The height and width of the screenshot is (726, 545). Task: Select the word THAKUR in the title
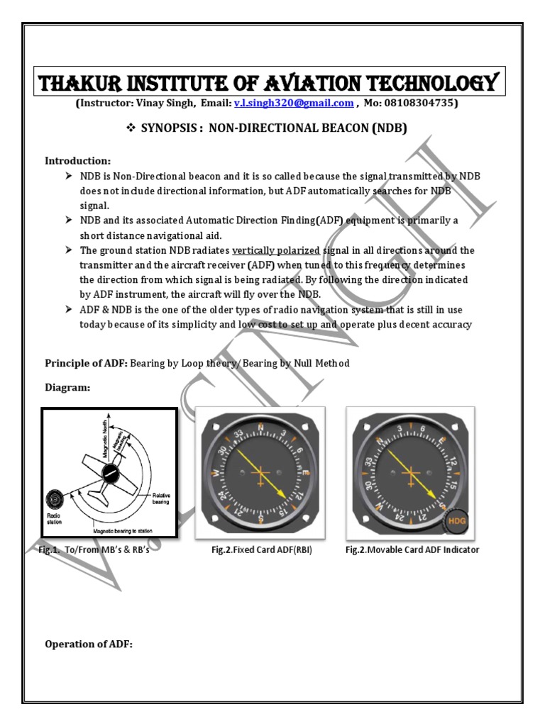coord(78,83)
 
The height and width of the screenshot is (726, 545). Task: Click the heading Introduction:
coord(78,161)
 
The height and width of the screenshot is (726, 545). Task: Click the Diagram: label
coord(68,388)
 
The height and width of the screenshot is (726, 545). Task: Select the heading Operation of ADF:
coord(89,644)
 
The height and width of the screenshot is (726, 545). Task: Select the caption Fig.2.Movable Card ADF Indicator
coord(411,549)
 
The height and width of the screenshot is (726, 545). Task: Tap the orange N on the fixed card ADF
coord(260,428)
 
